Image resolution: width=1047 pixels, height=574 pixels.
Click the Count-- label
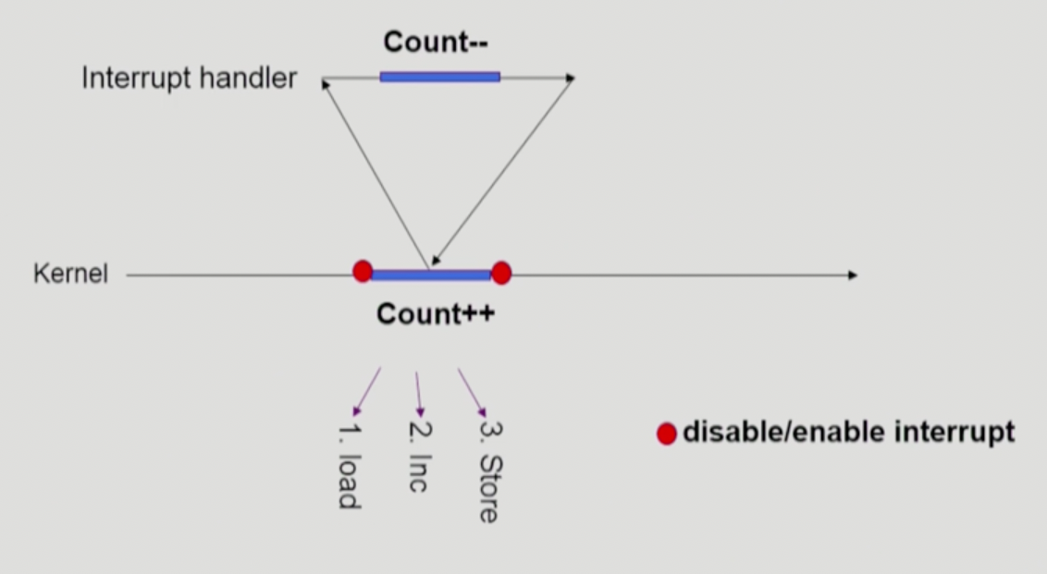[x=436, y=43]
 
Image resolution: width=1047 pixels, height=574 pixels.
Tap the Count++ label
[x=436, y=314]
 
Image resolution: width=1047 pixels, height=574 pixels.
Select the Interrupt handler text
[x=190, y=79]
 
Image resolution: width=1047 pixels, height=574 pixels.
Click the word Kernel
[x=70, y=275]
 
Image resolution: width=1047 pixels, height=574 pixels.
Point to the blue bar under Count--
[x=439, y=77]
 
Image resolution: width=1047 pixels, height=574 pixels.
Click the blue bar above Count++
[x=432, y=275]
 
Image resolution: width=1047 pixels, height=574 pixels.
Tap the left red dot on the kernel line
[x=363, y=271]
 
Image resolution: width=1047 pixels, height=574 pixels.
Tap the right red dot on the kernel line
[x=501, y=273]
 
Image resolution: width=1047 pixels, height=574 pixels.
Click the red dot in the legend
[x=667, y=434]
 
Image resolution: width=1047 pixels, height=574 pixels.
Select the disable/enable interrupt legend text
[x=848, y=432]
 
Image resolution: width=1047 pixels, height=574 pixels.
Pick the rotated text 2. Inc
[x=418, y=457]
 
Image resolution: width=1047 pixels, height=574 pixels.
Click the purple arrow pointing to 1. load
[x=366, y=391]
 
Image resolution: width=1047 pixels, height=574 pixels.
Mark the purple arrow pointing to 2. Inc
[x=418, y=394]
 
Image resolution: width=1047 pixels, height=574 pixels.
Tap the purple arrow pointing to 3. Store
[x=472, y=392]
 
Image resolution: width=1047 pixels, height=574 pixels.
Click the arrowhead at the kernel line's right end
[x=852, y=275]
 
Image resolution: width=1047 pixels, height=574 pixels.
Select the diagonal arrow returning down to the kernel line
[x=502, y=171]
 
